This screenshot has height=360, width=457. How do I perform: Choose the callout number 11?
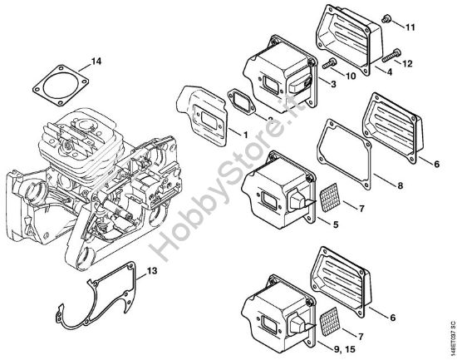point(409,28)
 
